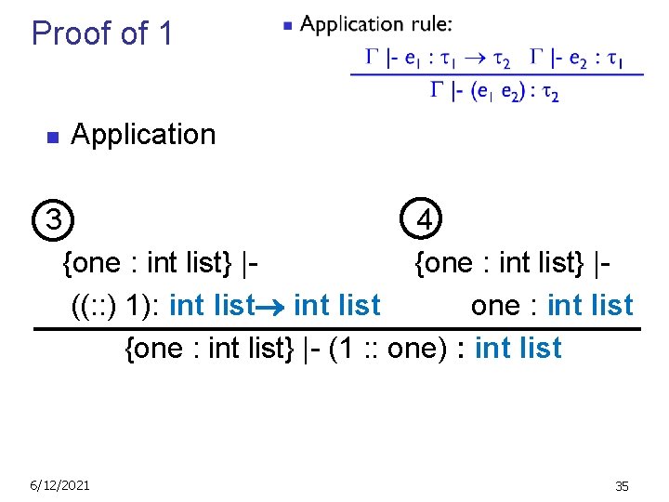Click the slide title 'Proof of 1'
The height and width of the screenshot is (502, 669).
click(x=102, y=33)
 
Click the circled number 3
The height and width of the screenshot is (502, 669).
click(x=55, y=220)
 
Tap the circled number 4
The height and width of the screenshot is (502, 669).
click(x=424, y=220)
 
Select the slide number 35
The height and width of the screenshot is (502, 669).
click(x=622, y=486)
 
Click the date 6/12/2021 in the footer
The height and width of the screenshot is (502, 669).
click(x=59, y=485)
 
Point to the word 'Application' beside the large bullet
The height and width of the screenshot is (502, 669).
click(x=143, y=135)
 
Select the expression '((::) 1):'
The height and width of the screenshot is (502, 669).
click(x=116, y=305)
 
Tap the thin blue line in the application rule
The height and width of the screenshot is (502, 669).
click(x=496, y=74)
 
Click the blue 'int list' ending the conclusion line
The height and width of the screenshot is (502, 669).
click(x=518, y=348)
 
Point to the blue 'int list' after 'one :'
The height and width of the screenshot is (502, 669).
click(x=590, y=305)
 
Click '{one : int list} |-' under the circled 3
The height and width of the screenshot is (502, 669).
click(x=159, y=263)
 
